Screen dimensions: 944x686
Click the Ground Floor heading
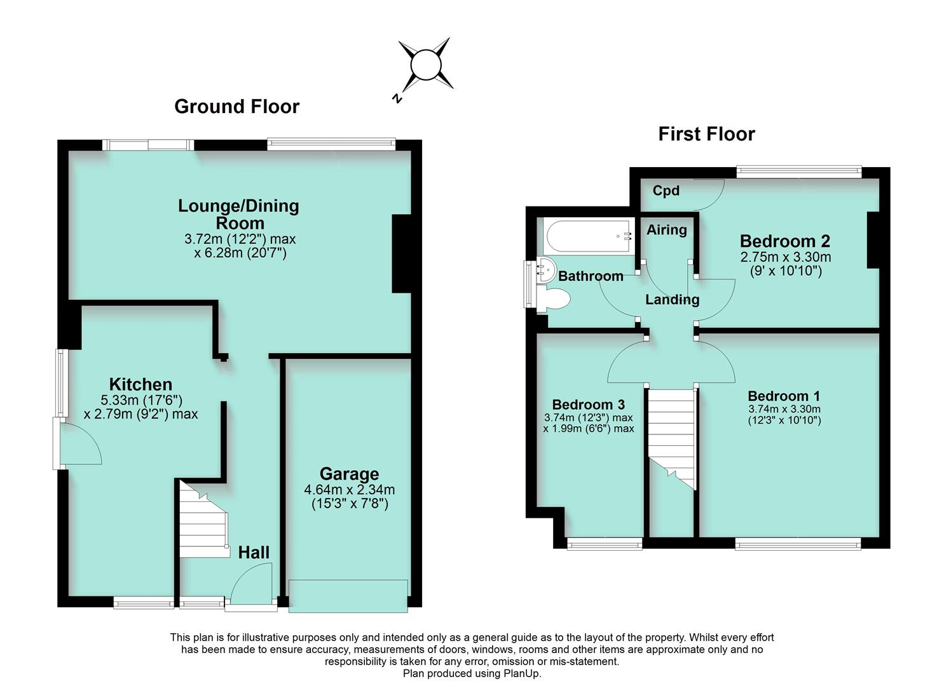237,107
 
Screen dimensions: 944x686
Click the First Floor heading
706,134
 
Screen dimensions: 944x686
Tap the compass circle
426,65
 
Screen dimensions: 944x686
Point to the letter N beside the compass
397,98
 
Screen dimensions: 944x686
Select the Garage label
350,474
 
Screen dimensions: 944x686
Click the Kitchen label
140,384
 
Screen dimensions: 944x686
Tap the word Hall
254,553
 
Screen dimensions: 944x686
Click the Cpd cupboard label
666,191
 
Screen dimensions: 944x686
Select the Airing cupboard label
667,230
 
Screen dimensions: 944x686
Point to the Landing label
672,299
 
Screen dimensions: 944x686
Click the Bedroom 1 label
784,396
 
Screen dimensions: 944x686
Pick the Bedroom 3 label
588,404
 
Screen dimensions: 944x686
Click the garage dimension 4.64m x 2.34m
350,490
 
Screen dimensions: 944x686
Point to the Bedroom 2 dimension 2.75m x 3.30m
786,257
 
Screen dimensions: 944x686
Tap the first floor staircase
671,438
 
